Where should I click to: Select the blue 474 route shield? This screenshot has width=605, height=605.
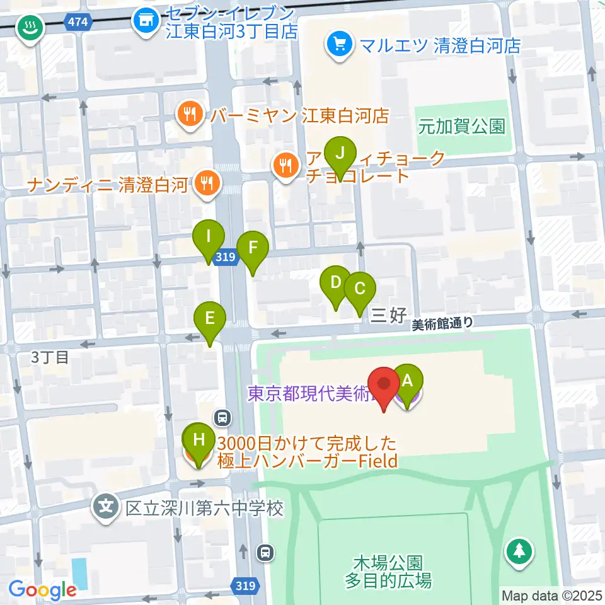tap(79, 23)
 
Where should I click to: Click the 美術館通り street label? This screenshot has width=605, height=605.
tap(442, 324)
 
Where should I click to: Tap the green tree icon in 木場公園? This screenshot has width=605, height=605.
tap(519, 551)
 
